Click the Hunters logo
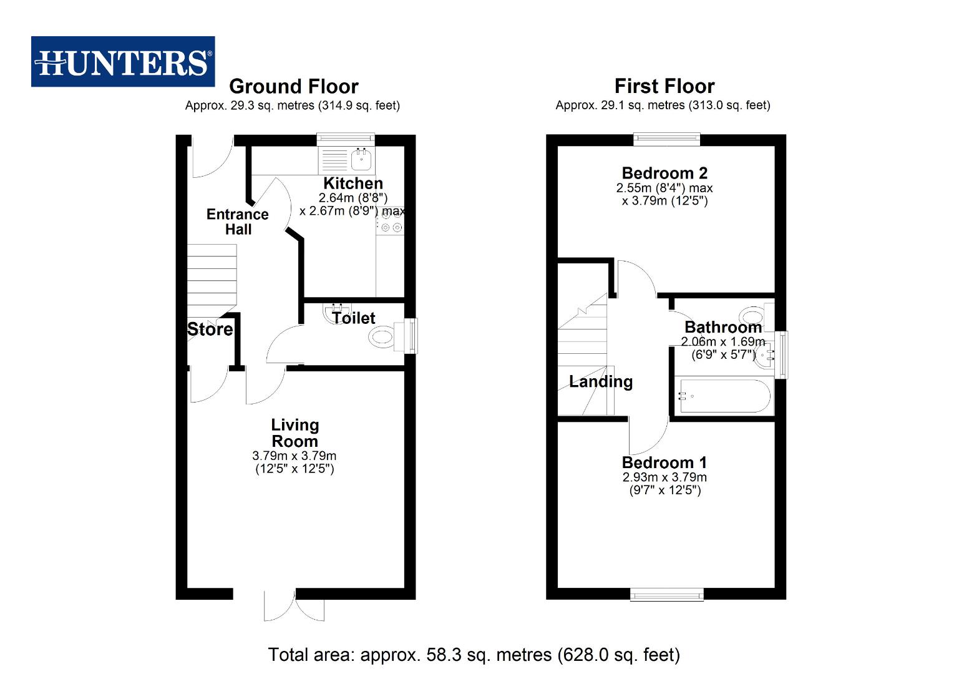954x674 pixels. click(123, 62)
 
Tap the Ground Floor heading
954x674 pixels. click(293, 86)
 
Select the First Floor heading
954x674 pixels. click(664, 86)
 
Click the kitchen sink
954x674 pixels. click(361, 160)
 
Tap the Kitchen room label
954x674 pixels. click(353, 183)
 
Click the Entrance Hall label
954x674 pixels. click(238, 222)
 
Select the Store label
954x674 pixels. click(210, 330)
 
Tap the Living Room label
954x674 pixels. click(294, 432)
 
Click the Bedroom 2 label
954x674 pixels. click(664, 173)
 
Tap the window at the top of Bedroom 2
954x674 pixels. click(666, 139)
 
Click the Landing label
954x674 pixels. click(600, 381)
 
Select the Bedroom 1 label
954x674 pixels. click(664, 462)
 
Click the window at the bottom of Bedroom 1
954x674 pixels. click(666, 595)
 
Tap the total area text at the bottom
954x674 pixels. click(474, 655)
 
